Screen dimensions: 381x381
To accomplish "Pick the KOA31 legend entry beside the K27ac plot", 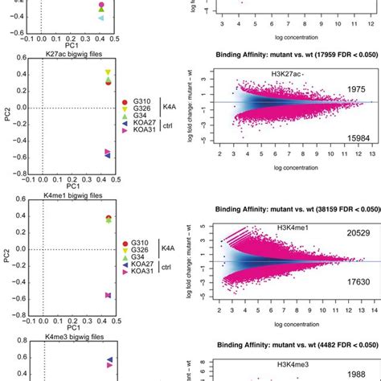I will tap(145, 152).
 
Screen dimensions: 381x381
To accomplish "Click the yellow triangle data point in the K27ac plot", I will tap(108, 73).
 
